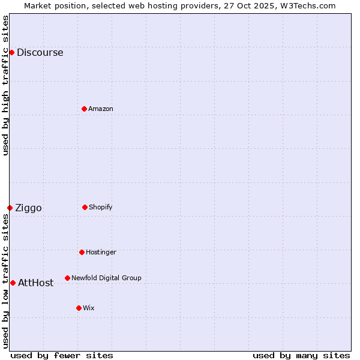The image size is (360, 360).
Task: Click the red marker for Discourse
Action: coord(11,52)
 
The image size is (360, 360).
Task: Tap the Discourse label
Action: coord(40,53)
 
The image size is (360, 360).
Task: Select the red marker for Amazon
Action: coord(84,109)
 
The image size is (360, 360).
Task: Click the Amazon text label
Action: coord(101,109)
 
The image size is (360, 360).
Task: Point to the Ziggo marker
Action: coord(10,208)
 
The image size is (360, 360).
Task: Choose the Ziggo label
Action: coord(28,208)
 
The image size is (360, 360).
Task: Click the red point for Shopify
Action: coord(85,207)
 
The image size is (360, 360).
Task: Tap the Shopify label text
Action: coord(100,207)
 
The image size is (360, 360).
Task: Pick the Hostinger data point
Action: coord(82,252)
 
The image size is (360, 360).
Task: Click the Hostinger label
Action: coord(101,252)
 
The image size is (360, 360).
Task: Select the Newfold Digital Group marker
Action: coord(67,278)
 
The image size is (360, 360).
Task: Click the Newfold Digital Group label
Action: coord(106,278)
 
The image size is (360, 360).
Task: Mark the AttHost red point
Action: coord(13,283)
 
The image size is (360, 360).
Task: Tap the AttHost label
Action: coord(35,283)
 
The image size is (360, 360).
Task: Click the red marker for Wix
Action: coord(79,308)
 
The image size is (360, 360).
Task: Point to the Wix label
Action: coord(89,308)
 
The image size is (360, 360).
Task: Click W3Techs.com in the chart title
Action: coord(310,5)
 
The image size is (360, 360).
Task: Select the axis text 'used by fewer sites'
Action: coord(62,355)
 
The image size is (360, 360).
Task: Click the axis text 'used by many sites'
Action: coord(301,355)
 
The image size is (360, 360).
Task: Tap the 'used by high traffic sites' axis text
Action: coord(5,85)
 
